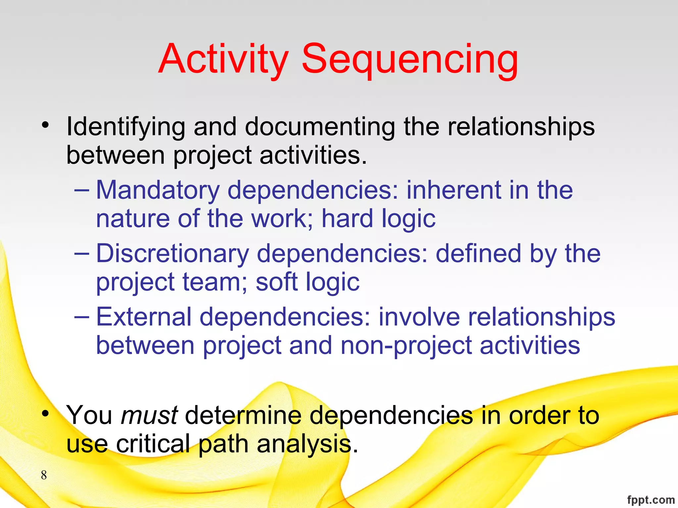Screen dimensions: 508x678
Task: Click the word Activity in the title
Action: (x=223, y=60)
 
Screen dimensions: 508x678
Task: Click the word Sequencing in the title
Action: (x=410, y=60)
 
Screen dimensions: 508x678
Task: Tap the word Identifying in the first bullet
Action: (x=125, y=127)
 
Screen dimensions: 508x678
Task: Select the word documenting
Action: (x=320, y=127)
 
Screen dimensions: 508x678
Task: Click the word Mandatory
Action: (x=158, y=190)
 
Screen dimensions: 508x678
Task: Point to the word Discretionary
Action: (x=172, y=254)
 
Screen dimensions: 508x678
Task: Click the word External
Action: (x=144, y=317)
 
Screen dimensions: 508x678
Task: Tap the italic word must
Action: (x=149, y=415)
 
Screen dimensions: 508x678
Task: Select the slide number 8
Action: (x=44, y=475)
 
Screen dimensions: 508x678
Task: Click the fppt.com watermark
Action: (x=651, y=500)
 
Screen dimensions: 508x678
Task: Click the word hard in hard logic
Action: (x=347, y=219)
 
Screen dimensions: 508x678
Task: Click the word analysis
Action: (x=304, y=444)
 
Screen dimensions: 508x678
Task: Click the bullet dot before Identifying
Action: (x=45, y=125)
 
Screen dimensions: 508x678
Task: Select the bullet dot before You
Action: (x=45, y=413)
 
